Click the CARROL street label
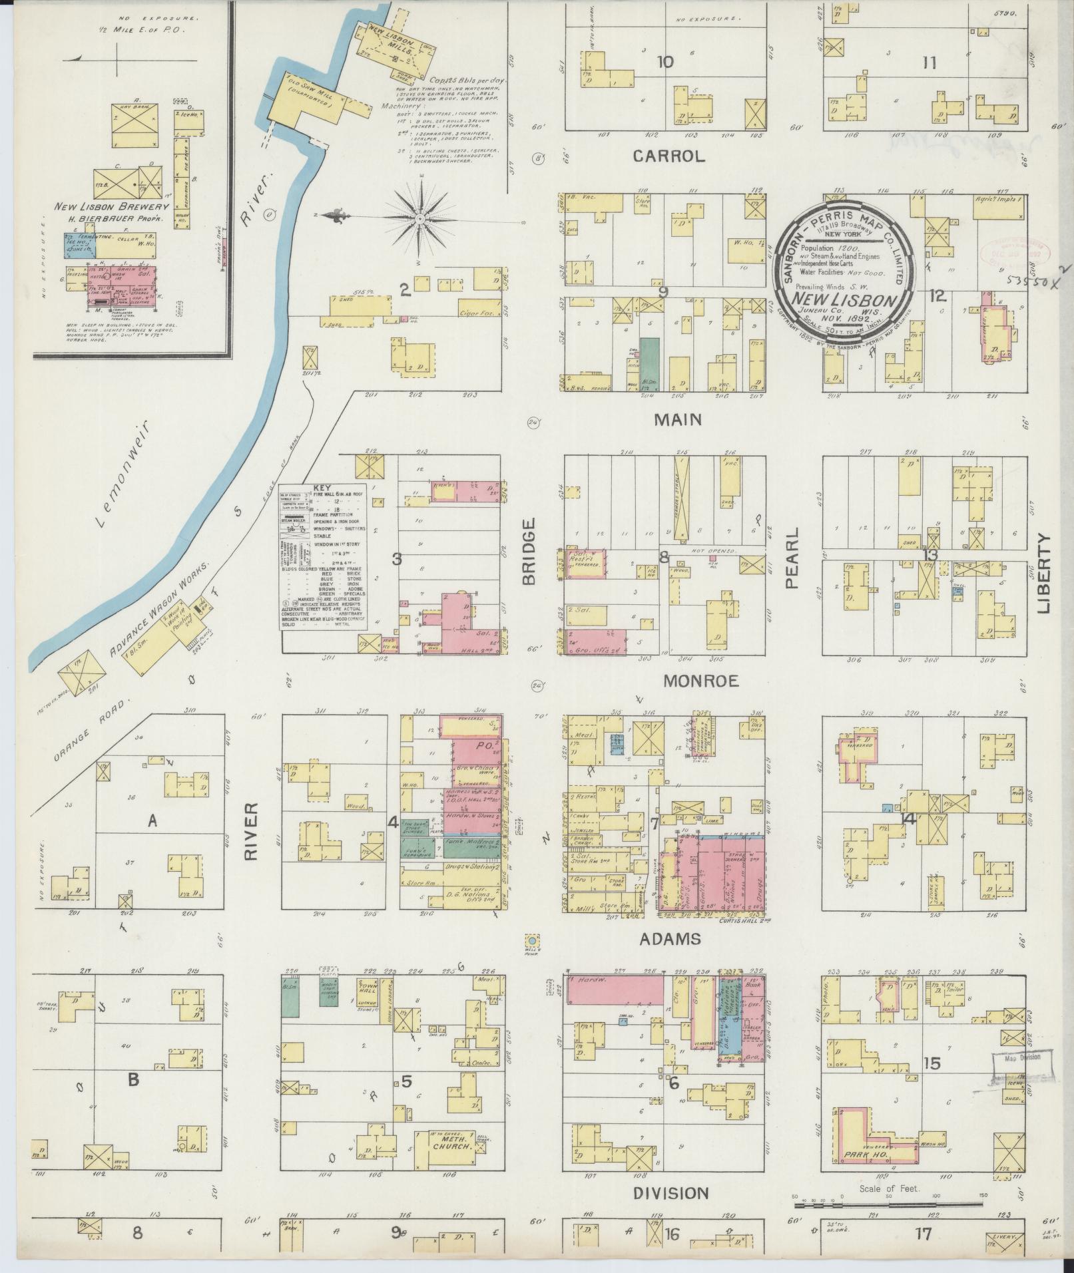[669, 157]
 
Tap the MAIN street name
[678, 420]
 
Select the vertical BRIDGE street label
[529, 552]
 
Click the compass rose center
[420, 218]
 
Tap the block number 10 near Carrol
[665, 63]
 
